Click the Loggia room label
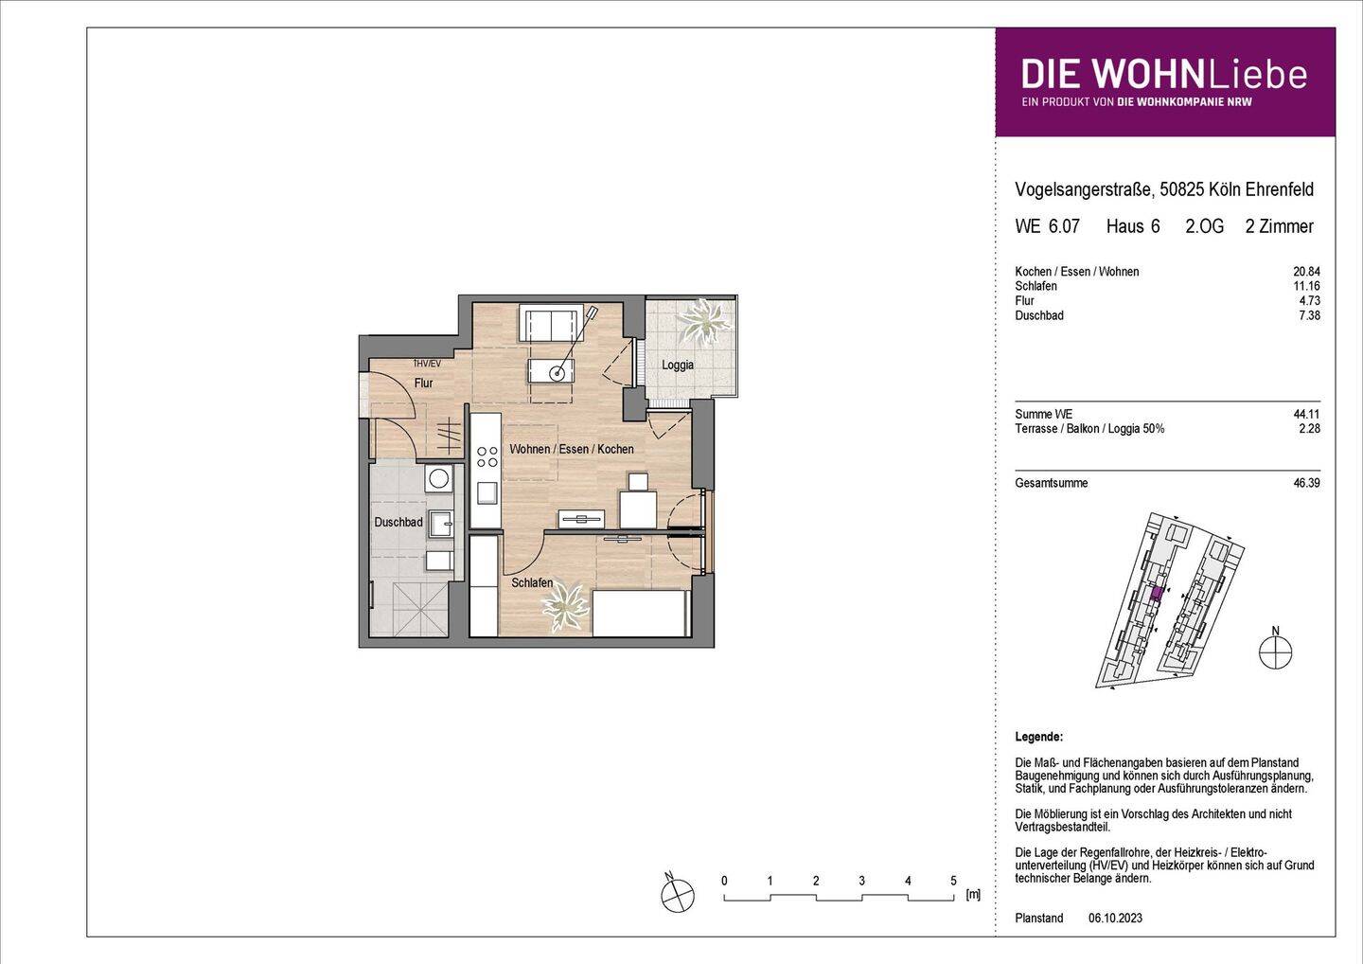pyautogui.click(x=678, y=365)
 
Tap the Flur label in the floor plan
pyautogui.click(x=423, y=384)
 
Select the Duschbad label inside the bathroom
pyautogui.click(x=398, y=522)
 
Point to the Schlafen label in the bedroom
pyautogui.click(x=532, y=583)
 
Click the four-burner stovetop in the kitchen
pyautogui.click(x=487, y=456)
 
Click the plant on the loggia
pyautogui.click(x=702, y=321)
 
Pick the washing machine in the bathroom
pyautogui.click(x=438, y=479)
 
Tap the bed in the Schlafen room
pyautogui.click(x=640, y=614)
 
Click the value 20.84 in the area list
pyautogui.click(x=1306, y=272)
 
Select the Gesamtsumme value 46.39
pyautogui.click(x=1306, y=483)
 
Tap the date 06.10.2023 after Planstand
pyautogui.click(x=1115, y=919)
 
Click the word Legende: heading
pyautogui.click(x=1038, y=737)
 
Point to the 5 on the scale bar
pyautogui.click(x=953, y=881)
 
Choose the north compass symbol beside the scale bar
pyautogui.click(x=677, y=894)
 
